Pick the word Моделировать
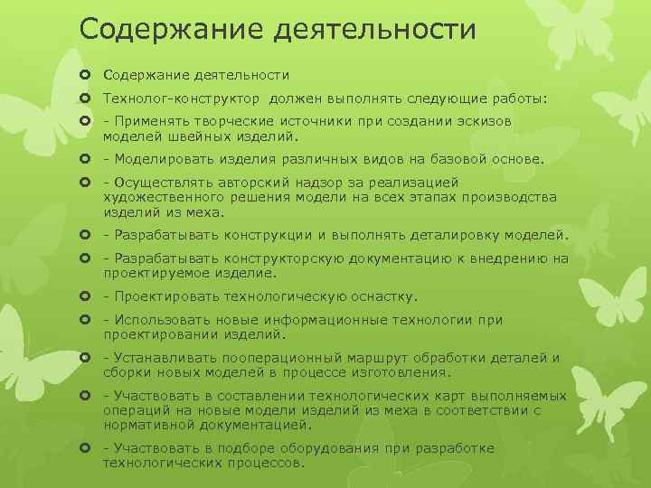coord(160,160)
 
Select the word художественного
coord(161,198)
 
